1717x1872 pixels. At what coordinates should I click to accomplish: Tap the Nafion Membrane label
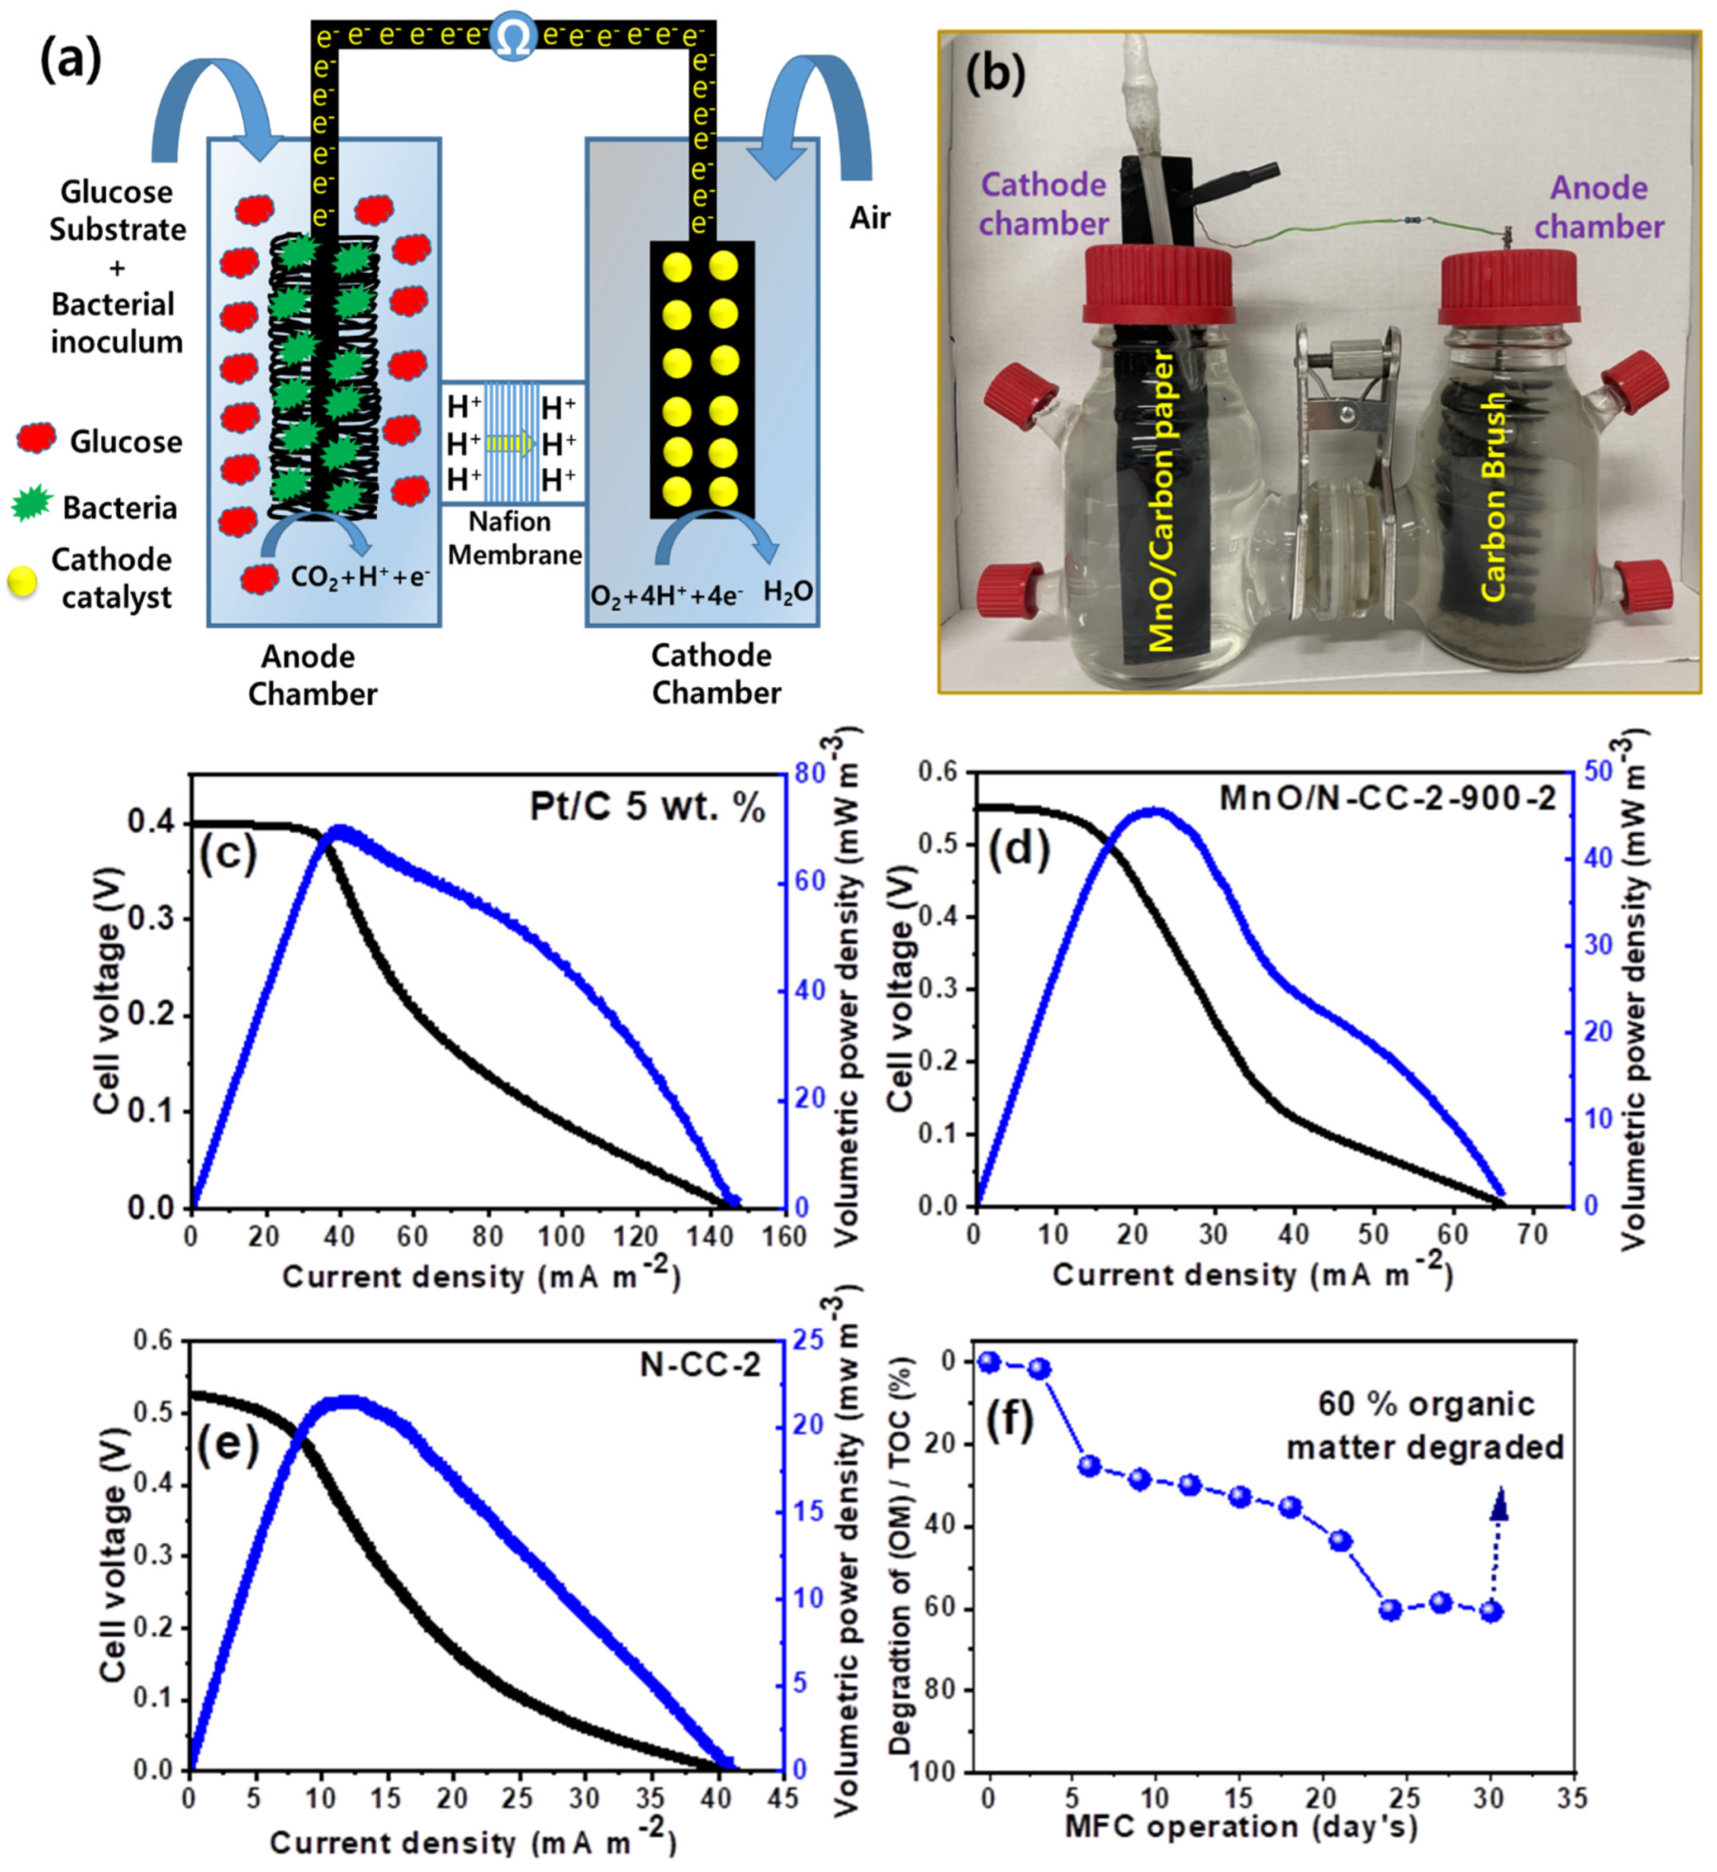(x=514, y=539)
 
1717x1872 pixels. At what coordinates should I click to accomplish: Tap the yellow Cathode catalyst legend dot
(x=22, y=581)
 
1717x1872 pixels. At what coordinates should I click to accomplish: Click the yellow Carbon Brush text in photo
(x=1491, y=497)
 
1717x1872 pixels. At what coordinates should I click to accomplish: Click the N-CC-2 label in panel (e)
(x=700, y=1364)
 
